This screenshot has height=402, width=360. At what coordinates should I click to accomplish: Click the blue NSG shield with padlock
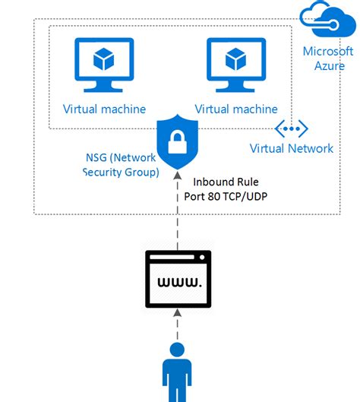coord(177,141)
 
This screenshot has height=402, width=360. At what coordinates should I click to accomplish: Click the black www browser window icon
coord(178,279)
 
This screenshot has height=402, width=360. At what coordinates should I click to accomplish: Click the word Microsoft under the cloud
coord(328,52)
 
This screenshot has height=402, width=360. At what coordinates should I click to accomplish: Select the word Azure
coord(329,66)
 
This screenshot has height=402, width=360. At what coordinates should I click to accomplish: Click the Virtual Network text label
coord(292,148)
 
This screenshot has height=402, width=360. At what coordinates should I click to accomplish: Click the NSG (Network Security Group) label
coord(120,165)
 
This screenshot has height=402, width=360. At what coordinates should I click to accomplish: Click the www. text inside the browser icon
coord(178,283)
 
